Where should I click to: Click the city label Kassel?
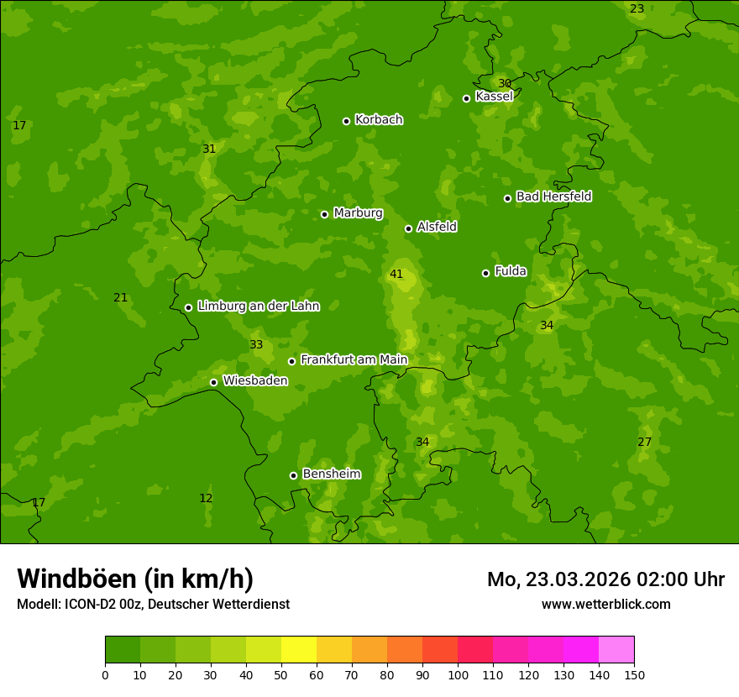tap(494, 97)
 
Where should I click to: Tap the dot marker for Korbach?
tap(346, 121)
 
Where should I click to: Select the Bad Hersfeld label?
tap(553, 197)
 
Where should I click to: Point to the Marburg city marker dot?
tap(324, 214)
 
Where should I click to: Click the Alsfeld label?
tap(437, 227)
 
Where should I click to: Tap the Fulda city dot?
tap(485, 273)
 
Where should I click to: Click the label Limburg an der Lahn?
tap(258, 307)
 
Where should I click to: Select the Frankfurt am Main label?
tap(354, 359)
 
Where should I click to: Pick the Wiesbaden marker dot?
tap(213, 382)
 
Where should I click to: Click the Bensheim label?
tap(331, 474)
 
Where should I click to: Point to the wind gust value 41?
tap(396, 275)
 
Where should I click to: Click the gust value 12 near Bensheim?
tap(206, 498)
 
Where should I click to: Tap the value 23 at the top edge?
tap(637, 8)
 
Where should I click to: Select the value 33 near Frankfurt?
tap(256, 345)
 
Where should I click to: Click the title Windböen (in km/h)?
tap(134, 579)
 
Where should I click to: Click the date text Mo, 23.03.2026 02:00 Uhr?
tap(605, 579)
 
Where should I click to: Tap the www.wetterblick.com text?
tap(605, 604)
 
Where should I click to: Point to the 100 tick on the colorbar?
tap(458, 674)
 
